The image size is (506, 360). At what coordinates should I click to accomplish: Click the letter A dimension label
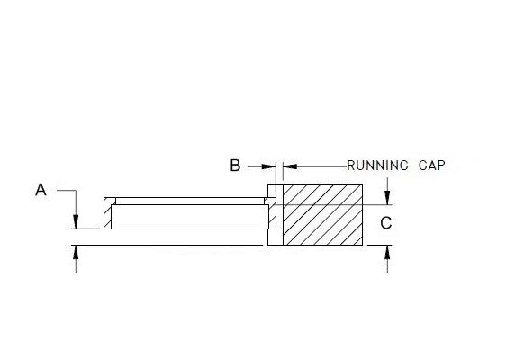(x=41, y=190)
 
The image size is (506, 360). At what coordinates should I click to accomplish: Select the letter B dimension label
(x=235, y=166)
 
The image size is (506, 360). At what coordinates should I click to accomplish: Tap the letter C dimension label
(x=386, y=223)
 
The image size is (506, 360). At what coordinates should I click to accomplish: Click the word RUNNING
(x=377, y=166)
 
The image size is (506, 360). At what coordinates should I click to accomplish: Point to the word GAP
(x=432, y=166)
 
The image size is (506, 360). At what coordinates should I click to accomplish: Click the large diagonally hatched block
(x=322, y=215)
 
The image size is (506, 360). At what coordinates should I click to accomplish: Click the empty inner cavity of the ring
(x=190, y=217)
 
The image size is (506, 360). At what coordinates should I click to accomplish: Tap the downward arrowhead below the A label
(x=76, y=221)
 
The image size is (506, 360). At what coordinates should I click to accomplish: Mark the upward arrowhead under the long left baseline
(x=76, y=252)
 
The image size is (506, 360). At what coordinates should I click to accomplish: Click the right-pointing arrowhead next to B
(x=269, y=166)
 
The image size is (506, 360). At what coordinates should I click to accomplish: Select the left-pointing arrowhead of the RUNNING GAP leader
(x=290, y=166)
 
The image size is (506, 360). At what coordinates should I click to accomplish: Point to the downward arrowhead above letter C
(x=387, y=197)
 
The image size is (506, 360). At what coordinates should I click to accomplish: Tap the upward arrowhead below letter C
(x=387, y=252)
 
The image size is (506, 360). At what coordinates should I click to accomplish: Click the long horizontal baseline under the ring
(x=167, y=245)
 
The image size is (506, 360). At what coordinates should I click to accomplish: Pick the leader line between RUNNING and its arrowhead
(x=321, y=166)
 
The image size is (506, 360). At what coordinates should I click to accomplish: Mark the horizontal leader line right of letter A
(x=67, y=190)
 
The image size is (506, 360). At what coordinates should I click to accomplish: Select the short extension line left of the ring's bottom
(x=86, y=229)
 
